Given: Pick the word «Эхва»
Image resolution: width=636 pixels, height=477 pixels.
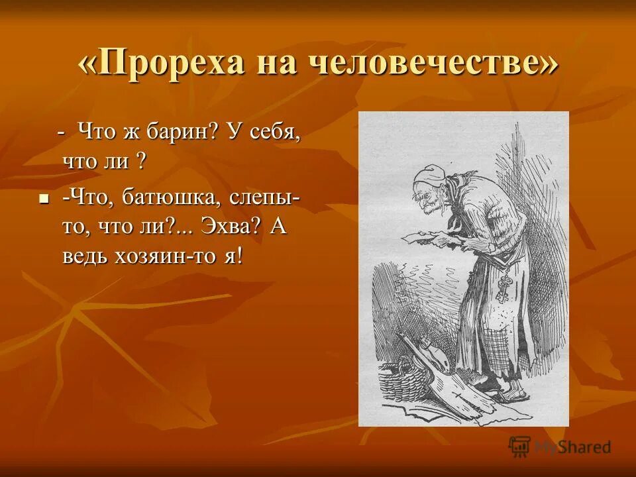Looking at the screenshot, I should pyautogui.click(x=233, y=227).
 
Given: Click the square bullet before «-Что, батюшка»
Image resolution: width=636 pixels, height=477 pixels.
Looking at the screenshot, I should pyautogui.click(x=44, y=198).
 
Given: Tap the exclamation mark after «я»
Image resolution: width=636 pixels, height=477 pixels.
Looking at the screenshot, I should pyautogui.click(x=238, y=256).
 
